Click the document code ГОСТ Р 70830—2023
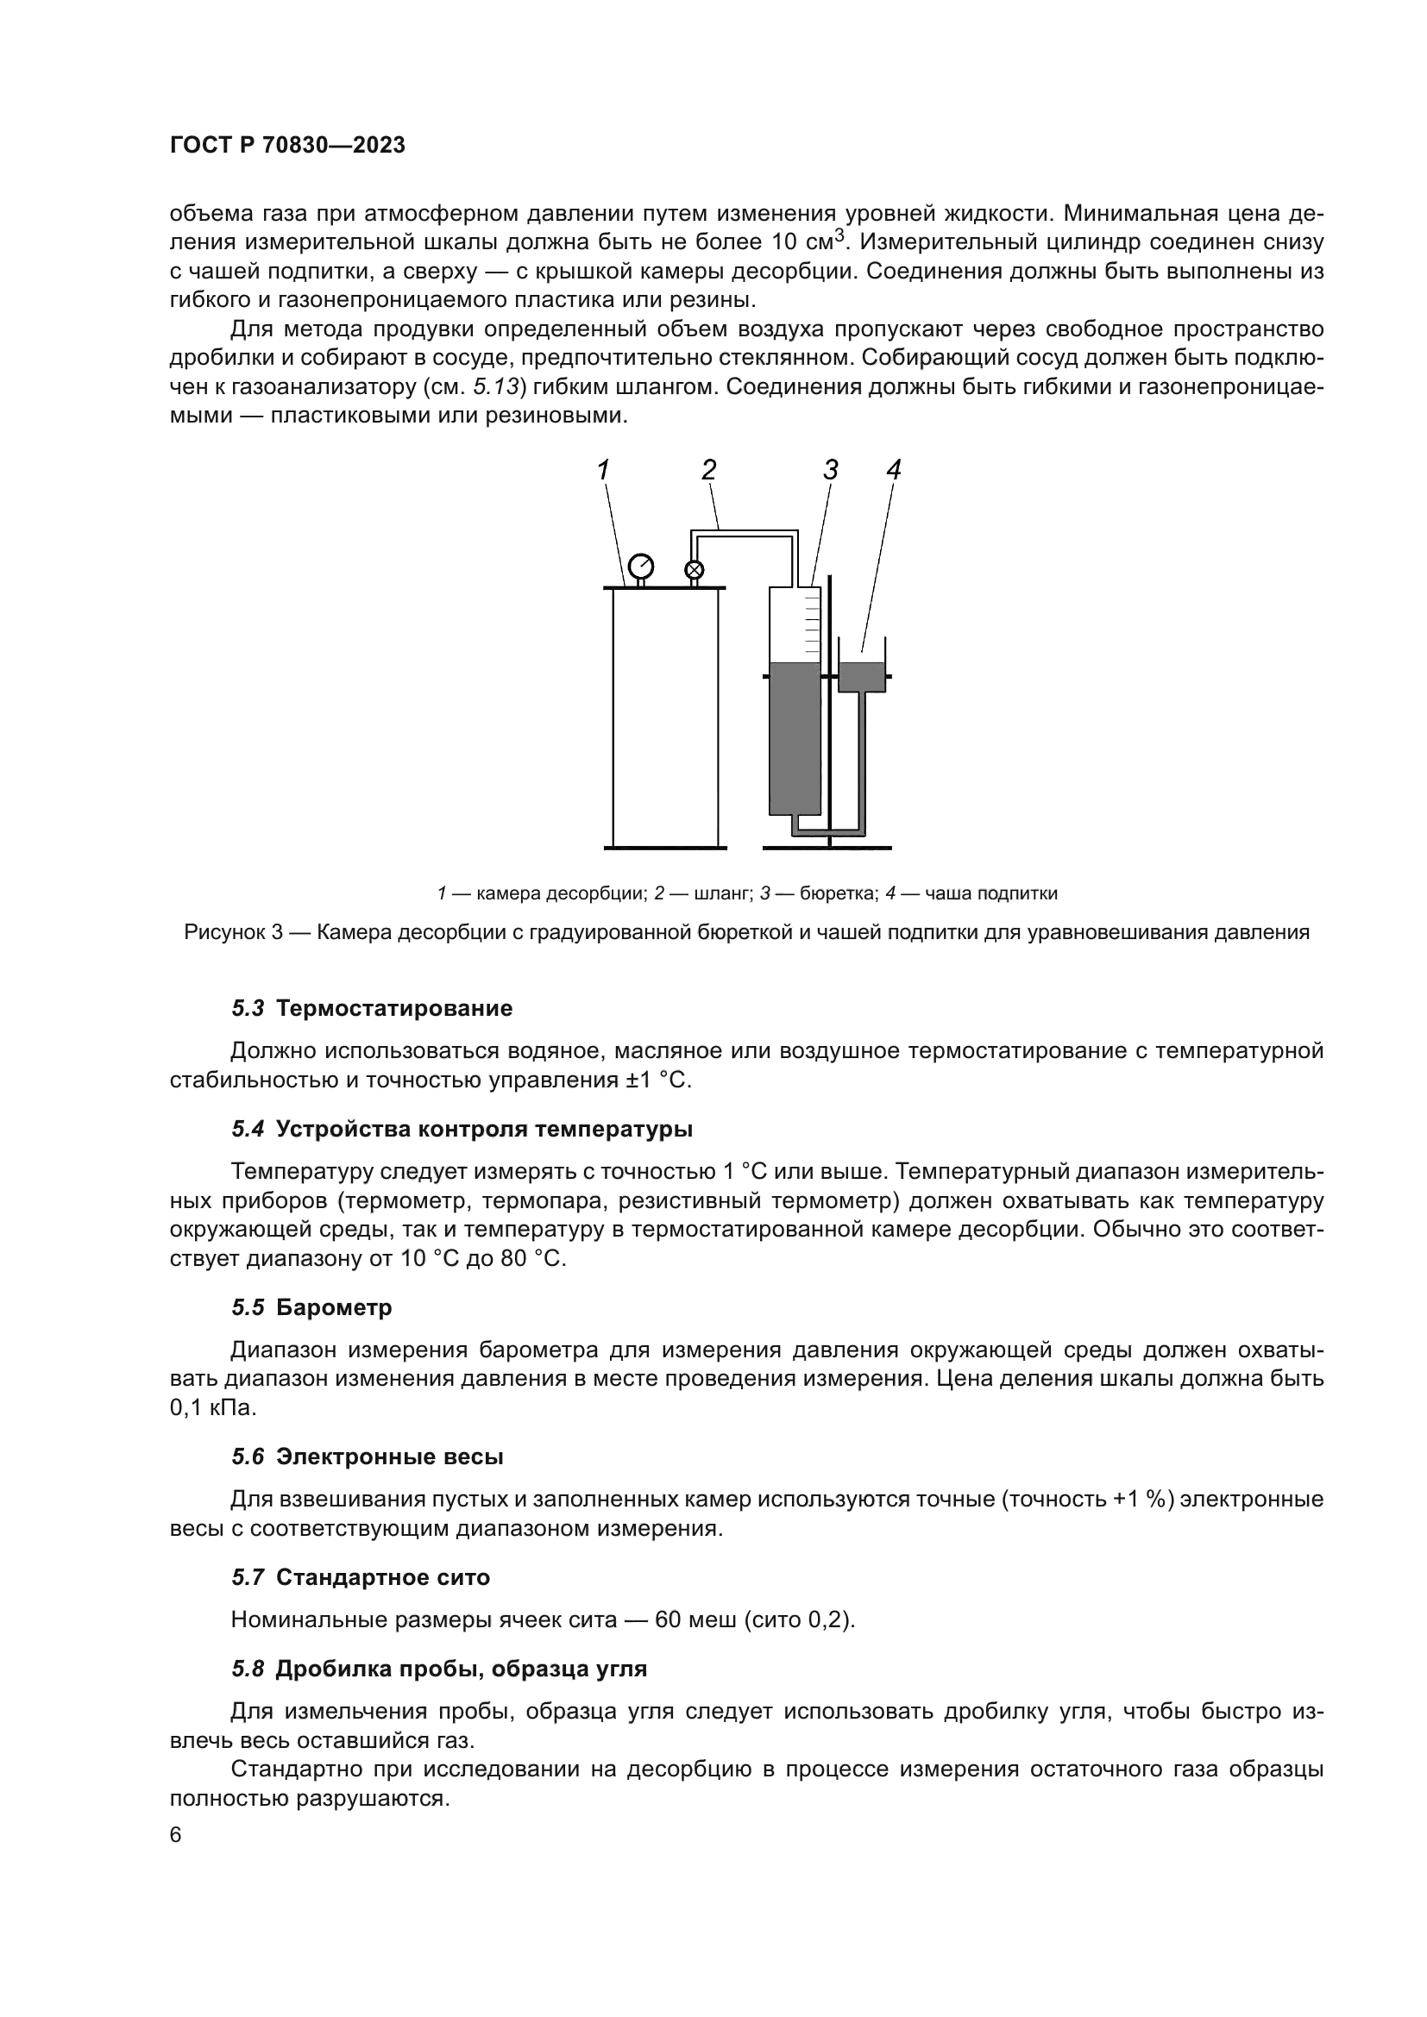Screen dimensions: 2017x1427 (287, 146)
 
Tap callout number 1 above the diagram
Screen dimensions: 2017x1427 (604, 471)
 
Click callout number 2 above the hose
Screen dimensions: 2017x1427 (708, 471)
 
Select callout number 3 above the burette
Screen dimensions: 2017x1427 (830, 471)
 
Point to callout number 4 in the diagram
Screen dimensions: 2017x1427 (894, 471)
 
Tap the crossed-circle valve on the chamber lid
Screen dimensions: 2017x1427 (695, 570)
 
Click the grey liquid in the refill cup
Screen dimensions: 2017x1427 (861, 676)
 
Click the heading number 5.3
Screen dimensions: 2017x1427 (248, 1009)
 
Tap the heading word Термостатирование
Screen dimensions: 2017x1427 (393, 1009)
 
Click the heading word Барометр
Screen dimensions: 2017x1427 (334, 1308)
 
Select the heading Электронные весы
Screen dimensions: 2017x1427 (389, 1457)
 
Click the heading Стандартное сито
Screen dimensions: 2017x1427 (383, 1578)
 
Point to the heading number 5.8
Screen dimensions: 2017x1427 (248, 1669)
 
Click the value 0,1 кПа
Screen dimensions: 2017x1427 (212, 1408)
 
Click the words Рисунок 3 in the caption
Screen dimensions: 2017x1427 (233, 933)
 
